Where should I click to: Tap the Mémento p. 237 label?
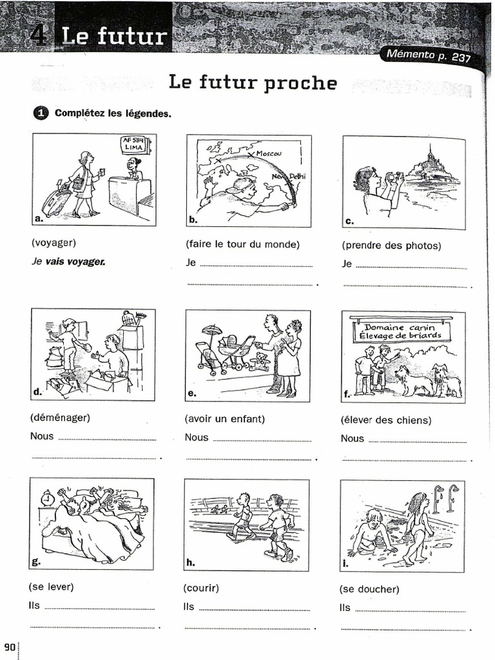point(427,55)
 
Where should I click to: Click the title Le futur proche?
point(253,82)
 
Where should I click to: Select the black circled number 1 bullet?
point(40,113)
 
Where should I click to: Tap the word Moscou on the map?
point(269,153)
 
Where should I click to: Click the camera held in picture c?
point(394,176)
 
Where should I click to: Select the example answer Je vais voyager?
point(68,262)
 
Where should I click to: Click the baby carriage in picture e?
point(236,351)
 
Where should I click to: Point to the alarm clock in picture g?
point(47,498)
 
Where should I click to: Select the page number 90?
point(10,647)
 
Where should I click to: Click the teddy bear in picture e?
point(260,361)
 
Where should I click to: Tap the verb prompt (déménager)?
point(60,417)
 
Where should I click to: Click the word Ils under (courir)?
point(189,607)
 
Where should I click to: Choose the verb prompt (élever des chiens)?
point(386,420)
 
